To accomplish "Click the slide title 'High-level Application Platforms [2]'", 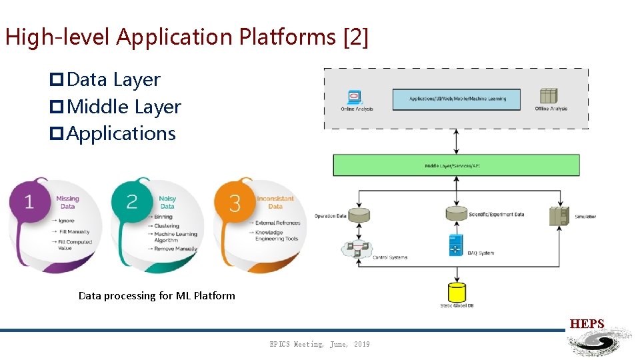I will (x=186, y=37).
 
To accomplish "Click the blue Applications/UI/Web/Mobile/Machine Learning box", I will (x=457, y=99).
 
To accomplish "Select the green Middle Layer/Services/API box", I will (x=456, y=165).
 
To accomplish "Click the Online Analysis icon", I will (x=354, y=97).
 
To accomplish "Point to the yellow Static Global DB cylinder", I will (x=457, y=292).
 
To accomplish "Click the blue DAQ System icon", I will (x=457, y=245).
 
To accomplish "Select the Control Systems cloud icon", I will (x=358, y=249).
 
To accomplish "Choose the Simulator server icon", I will (x=559, y=215).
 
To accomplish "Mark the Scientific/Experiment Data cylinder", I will (x=457, y=213).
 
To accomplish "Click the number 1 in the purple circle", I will (x=29, y=202).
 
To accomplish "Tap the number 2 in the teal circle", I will (x=132, y=202).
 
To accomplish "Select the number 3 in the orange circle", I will (x=235, y=203).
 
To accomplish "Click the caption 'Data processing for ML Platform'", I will (x=157, y=295).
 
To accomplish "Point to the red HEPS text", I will (x=587, y=324).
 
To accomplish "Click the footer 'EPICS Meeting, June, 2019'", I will (x=319, y=344).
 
